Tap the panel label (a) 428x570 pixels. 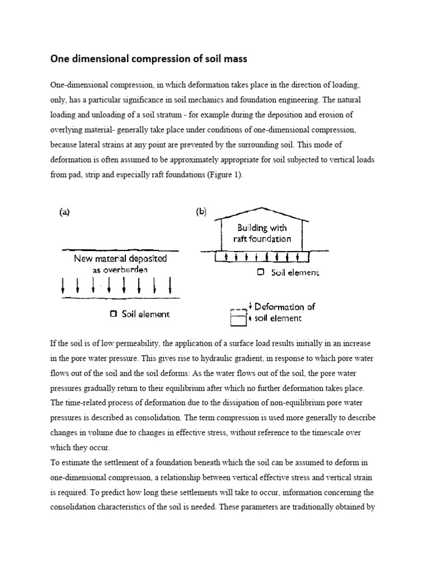65,212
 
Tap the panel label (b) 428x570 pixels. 201,212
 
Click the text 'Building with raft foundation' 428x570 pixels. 262,233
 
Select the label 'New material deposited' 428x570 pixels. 120,259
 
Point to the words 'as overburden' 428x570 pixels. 120,270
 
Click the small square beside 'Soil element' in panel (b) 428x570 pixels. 261,273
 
